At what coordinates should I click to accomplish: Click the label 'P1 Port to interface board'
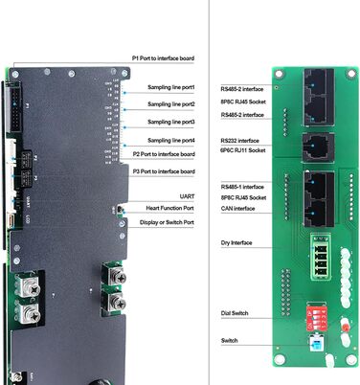(x=165, y=58)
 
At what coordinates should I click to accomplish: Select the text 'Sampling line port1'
(x=171, y=87)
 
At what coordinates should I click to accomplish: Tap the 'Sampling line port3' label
(x=171, y=123)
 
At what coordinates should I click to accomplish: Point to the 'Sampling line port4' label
(x=171, y=141)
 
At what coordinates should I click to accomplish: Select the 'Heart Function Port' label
(x=170, y=208)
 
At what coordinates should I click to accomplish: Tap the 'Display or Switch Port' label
(x=168, y=222)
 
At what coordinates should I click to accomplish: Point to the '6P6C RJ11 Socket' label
(x=243, y=149)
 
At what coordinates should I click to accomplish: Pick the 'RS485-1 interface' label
(x=241, y=186)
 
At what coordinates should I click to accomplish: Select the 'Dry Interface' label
(x=236, y=242)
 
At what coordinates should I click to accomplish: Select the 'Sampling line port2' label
(x=171, y=103)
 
